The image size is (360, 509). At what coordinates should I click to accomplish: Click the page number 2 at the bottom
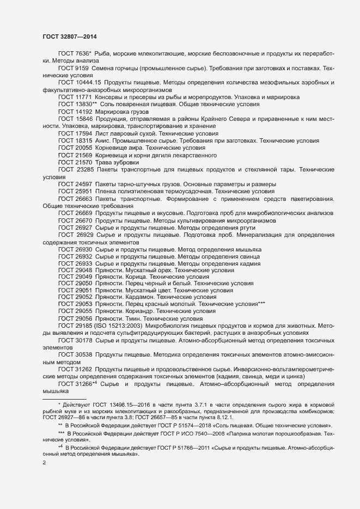[x=44, y=464]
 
